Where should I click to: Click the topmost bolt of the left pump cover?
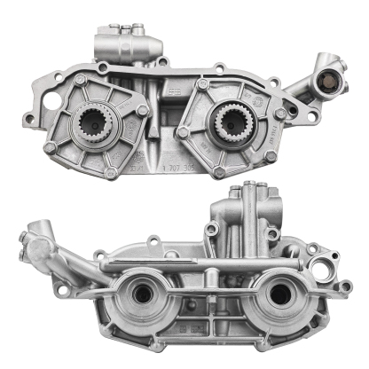click(x=82, y=81)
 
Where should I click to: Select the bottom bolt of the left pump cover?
click(x=109, y=169)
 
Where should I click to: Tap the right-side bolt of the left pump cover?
click(x=143, y=110)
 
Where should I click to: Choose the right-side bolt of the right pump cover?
click(x=265, y=114)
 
